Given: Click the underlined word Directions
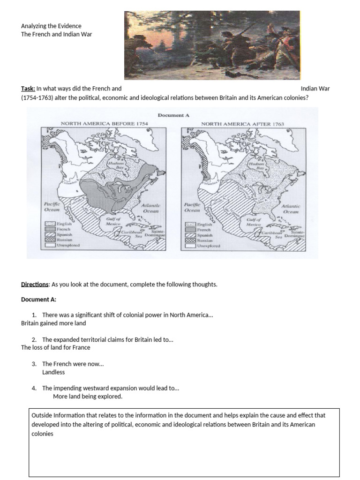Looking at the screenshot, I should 35,285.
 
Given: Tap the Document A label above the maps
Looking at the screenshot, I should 173,115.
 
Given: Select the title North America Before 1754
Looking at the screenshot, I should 104,123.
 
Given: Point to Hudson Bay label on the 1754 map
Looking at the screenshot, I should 115,165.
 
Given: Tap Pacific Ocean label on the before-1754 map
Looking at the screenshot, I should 52,207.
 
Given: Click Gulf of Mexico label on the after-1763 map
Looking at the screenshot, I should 253,222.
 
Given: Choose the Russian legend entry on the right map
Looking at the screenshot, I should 204,240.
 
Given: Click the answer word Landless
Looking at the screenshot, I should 53,372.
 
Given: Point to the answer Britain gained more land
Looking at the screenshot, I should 53,323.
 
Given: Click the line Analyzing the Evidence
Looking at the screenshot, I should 51,26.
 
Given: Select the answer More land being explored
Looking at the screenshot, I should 88,396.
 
